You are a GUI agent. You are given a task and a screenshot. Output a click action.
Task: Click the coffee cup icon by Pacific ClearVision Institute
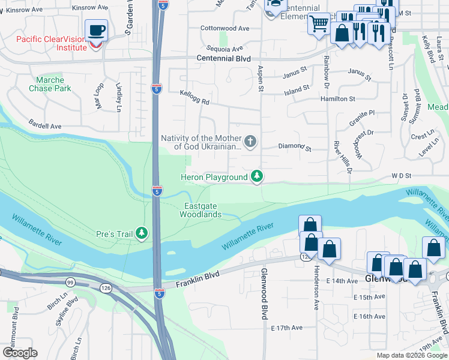[x=95, y=30]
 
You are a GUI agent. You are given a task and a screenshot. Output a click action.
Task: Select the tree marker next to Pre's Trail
[x=142, y=233]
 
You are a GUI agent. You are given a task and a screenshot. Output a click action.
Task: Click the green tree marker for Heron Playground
[x=256, y=176]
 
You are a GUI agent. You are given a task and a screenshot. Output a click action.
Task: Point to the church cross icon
[x=250, y=142]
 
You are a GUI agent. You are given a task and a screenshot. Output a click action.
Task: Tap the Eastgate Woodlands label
[x=202, y=210]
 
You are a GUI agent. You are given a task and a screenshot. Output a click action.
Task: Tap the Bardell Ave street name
[x=45, y=127]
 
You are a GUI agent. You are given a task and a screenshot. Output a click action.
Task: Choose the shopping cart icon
[x=319, y=24]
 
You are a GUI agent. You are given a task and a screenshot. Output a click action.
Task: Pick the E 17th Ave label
[x=287, y=328]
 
